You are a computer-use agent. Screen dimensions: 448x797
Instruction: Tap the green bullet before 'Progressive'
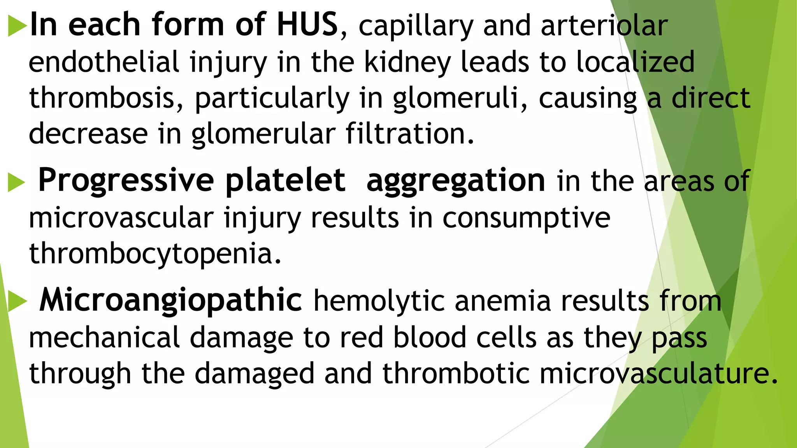pos(16,182)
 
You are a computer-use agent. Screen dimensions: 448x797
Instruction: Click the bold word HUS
pos(307,24)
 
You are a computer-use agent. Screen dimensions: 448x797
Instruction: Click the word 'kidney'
pos(407,63)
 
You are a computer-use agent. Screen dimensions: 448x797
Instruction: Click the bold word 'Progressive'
pos(126,180)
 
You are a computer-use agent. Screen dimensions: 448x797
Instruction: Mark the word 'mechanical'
pos(104,337)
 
